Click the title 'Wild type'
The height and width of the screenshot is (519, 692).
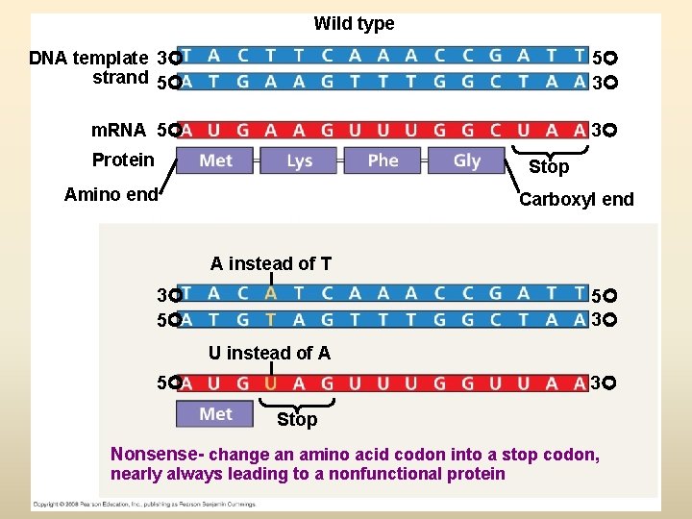[x=354, y=24]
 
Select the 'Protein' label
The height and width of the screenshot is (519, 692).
[x=122, y=160]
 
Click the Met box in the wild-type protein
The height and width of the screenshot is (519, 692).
[x=215, y=161]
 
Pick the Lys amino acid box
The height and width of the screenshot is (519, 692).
[x=299, y=161]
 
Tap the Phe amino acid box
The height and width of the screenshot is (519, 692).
[x=383, y=161]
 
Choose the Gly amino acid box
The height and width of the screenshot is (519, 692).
[x=466, y=161]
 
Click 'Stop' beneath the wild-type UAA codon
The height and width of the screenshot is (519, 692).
[x=549, y=167]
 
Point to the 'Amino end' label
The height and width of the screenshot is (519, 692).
[x=111, y=195]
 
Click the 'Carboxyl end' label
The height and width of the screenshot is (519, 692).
[x=576, y=200]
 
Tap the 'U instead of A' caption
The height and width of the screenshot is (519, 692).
[x=270, y=354]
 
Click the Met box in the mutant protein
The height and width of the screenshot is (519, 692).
[x=215, y=414]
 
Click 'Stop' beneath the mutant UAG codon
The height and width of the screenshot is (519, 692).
[x=297, y=420]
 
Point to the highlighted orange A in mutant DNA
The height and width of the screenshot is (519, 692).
[x=271, y=293]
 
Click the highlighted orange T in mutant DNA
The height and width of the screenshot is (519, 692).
[x=271, y=319]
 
